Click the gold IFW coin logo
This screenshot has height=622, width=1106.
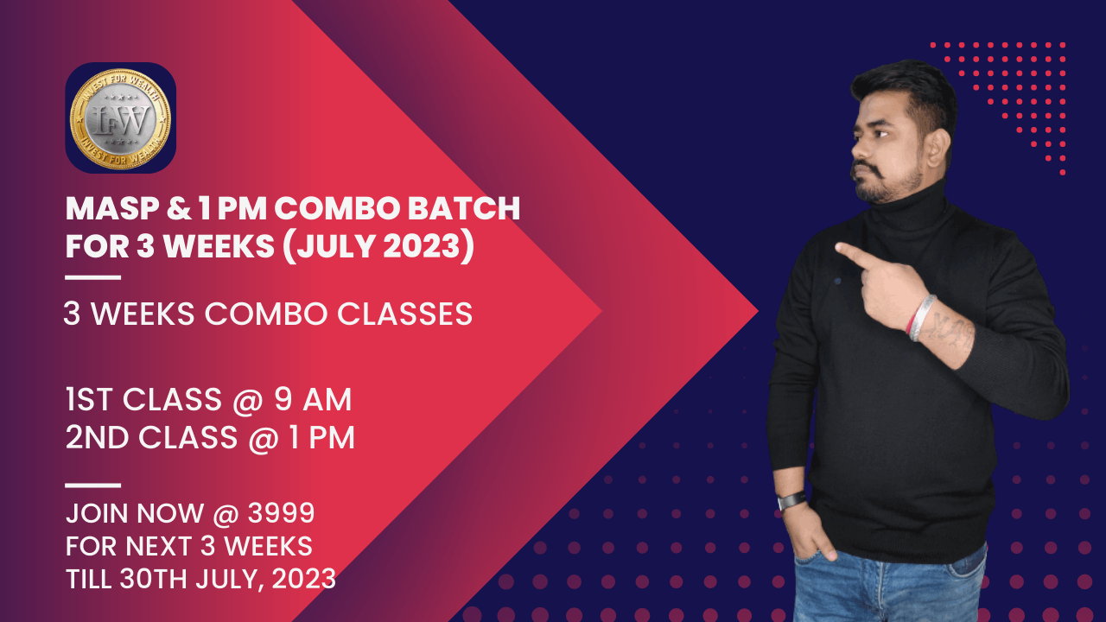[x=120, y=117]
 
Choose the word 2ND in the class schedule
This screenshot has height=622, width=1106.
[x=94, y=438]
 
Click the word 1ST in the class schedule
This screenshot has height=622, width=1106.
[x=89, y=400]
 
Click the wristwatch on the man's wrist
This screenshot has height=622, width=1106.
[x=792, y=501]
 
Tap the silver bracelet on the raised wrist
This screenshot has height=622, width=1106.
[x=922, y=318]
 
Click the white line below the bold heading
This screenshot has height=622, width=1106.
[x=93, y=277]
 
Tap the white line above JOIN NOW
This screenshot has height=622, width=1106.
[x=93, y=486]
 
